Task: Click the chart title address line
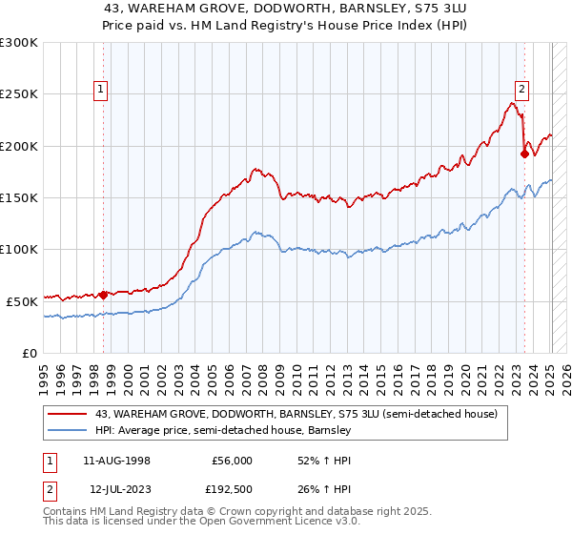click(286, 9)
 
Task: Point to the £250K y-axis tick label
click(19, 94)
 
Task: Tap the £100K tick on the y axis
click(19, 249)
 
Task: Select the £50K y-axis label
click(22, 300)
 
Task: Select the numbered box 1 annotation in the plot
click(101, 90)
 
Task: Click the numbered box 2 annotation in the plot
click(523, 90)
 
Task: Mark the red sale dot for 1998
click(104, 295)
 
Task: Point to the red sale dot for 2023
click(524, 154)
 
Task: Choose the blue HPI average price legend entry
click(223, 431)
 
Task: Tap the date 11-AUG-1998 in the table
click(116, 461)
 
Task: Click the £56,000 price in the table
click(233, 461)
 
